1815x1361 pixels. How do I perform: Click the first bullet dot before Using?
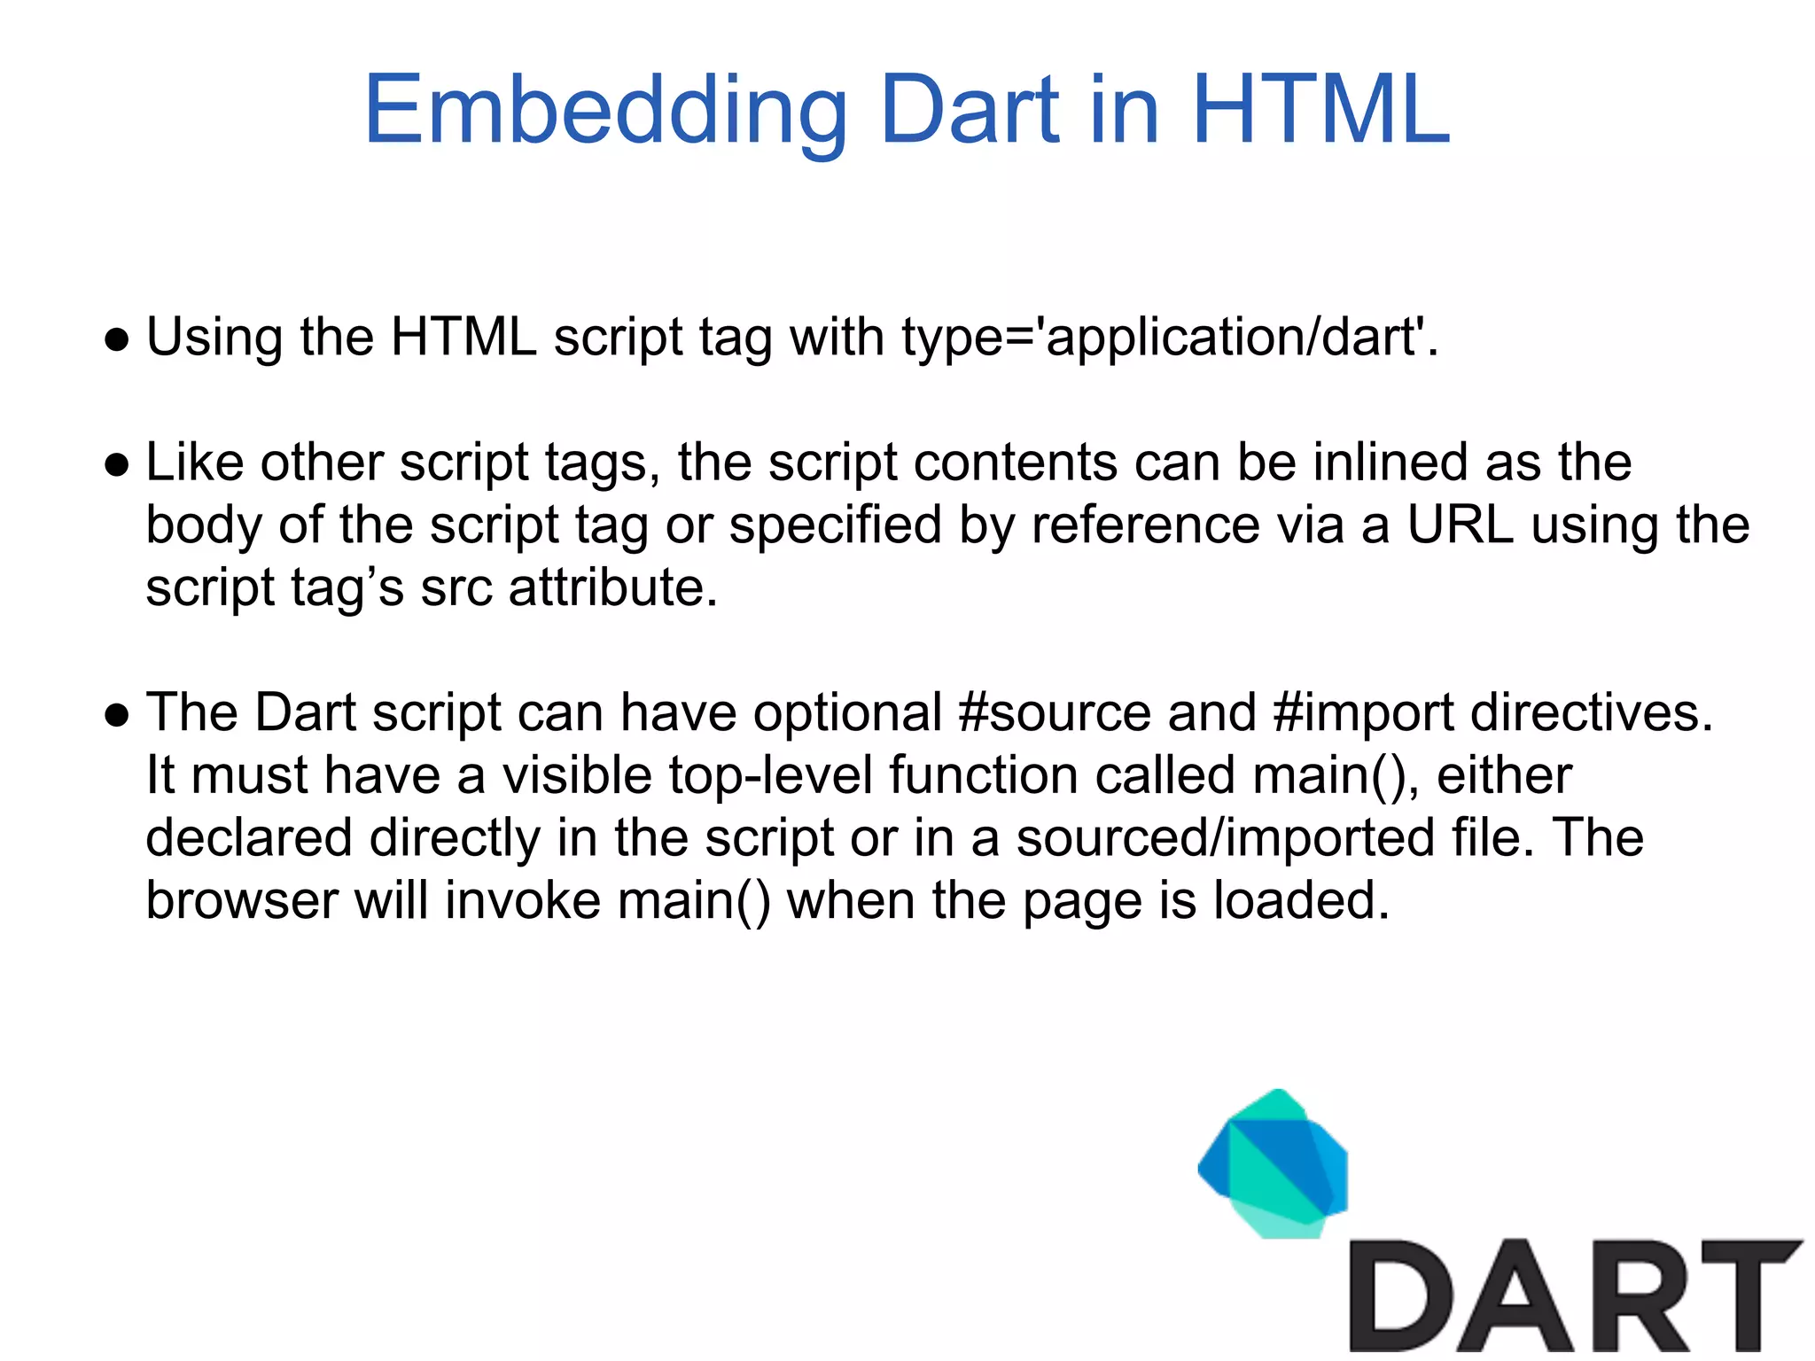[117, 339]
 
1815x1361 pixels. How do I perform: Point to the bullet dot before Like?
[117, 464]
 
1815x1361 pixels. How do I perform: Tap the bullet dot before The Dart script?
[117, 714]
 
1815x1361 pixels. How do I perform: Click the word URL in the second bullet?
[1460, 525]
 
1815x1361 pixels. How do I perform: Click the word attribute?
[612, 587]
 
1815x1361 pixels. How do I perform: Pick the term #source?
[1054, 712]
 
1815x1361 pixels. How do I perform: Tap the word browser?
[242, 900]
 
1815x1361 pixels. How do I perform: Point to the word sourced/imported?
[1224, 838]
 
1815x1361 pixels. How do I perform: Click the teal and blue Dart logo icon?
[1274, 1163]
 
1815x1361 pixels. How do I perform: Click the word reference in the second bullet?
[1144, 525]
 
